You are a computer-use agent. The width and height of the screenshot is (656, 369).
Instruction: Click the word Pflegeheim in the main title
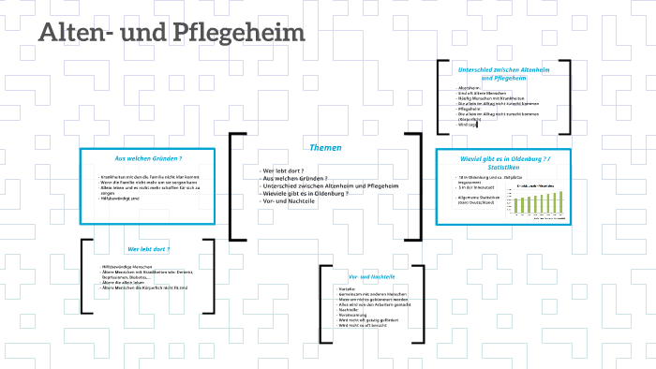click(251, 33)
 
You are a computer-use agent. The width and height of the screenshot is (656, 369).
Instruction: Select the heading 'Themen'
click(325, 148)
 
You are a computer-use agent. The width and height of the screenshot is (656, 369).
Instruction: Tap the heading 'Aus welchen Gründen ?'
click(148, 158)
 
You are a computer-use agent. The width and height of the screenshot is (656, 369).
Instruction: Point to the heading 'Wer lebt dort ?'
click(148, 249)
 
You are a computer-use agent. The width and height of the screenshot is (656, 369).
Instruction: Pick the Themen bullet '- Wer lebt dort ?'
click(285, 170)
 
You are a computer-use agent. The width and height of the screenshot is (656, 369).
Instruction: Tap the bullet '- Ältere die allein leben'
click(126, 283)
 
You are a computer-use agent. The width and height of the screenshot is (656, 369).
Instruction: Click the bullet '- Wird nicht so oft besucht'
click(365, 327)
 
